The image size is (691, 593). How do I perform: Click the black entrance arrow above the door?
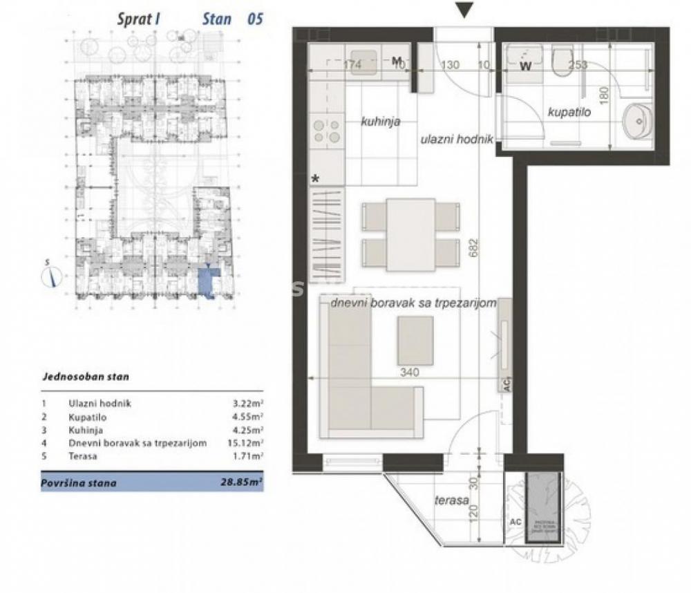(x=465, y=10)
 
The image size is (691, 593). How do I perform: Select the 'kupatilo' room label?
(x=569, y=111)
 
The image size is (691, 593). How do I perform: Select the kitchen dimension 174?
(x=352, y=66)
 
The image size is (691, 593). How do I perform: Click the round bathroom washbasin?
(x=640, y=122)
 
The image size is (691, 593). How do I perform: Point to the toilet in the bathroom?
(x=563, y=61)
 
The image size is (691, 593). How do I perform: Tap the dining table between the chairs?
(x=410, y=234)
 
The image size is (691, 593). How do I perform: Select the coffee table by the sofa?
(x=415, y=340)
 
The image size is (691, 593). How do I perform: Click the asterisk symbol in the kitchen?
(x=316, y=178)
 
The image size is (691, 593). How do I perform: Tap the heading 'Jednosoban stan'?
(x=85, y=377)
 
